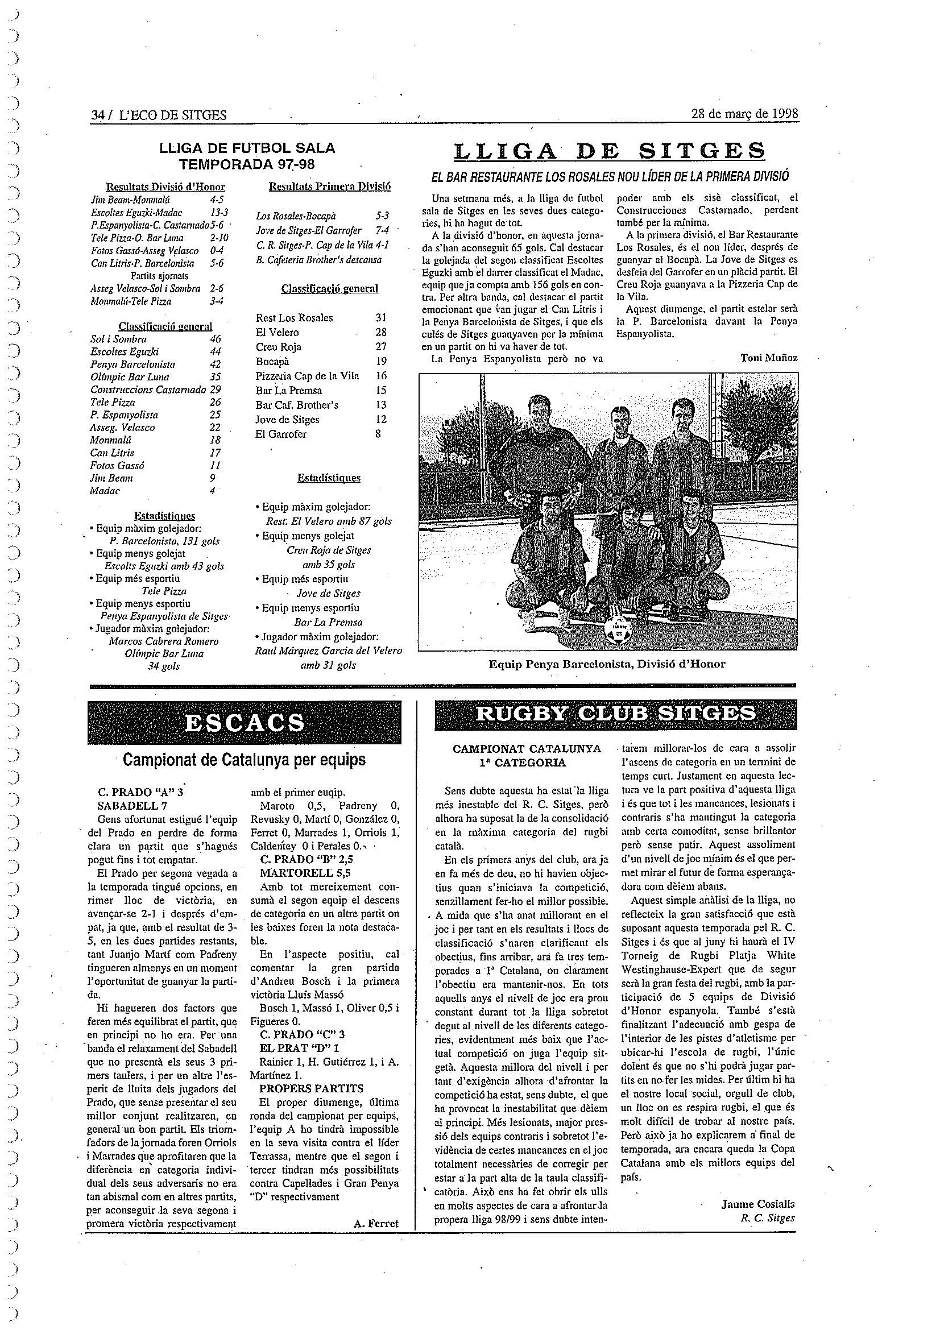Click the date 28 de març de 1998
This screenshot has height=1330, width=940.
point(744,114)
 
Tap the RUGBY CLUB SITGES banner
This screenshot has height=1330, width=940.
point(615,713)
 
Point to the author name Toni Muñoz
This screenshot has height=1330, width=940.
point(769,358)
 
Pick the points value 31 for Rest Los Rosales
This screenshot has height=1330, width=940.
point(380,317)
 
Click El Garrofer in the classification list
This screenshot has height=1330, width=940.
point(281,434)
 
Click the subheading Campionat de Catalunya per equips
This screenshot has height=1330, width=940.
point(244,760)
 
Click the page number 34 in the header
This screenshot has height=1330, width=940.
point(97,115)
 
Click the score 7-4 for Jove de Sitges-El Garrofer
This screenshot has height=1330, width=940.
point(382,230)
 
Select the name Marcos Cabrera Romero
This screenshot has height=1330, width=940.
point(163,641)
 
